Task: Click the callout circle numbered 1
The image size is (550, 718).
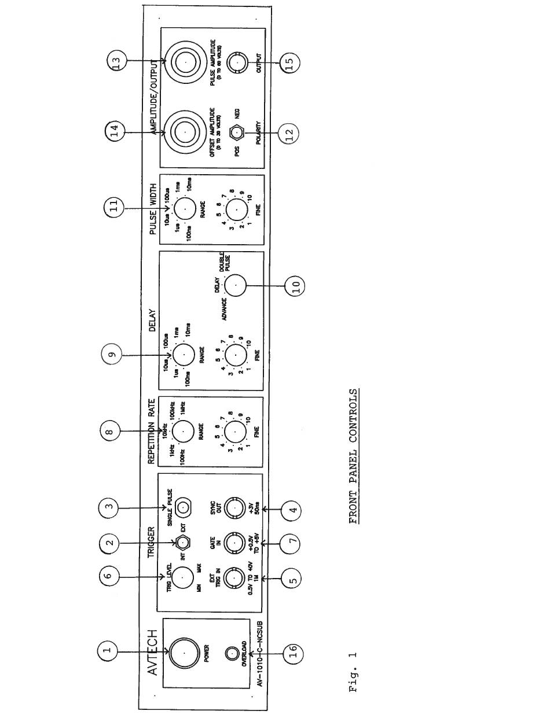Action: point(107,651)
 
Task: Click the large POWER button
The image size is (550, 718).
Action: point(184,651)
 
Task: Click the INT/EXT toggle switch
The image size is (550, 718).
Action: point(184,543)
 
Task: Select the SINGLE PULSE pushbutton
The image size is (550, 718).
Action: point(184,509)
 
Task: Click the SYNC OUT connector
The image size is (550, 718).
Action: point(234,507)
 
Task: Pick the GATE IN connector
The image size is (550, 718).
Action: point(234,542)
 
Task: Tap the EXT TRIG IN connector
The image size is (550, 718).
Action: point(234,577)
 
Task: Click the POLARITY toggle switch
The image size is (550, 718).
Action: point(236,133)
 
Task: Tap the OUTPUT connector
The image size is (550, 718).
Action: point(236,62)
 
